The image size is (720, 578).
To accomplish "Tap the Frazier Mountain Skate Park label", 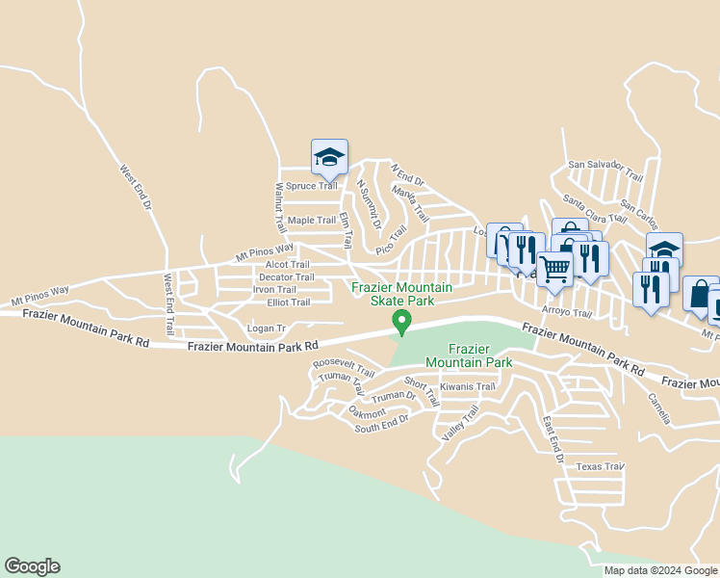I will [x=400, y=294].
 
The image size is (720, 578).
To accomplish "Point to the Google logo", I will [x=32, y=566].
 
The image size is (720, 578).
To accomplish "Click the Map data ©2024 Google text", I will [x=660, y=570].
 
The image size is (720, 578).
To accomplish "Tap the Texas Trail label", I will [x=601, y=466].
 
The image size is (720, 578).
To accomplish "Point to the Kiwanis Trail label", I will [x=467, y=386].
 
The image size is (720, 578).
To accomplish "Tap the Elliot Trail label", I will [x=289, y=302].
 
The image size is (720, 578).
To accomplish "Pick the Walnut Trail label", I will [x=280, y=207].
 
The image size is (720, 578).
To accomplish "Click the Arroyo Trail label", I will [x=566, y=312].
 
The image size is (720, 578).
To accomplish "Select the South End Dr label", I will [x=381, y=422].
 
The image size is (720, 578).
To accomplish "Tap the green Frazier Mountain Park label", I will [x=469, y=355].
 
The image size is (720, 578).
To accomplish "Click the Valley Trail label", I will [x=460, y=424].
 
